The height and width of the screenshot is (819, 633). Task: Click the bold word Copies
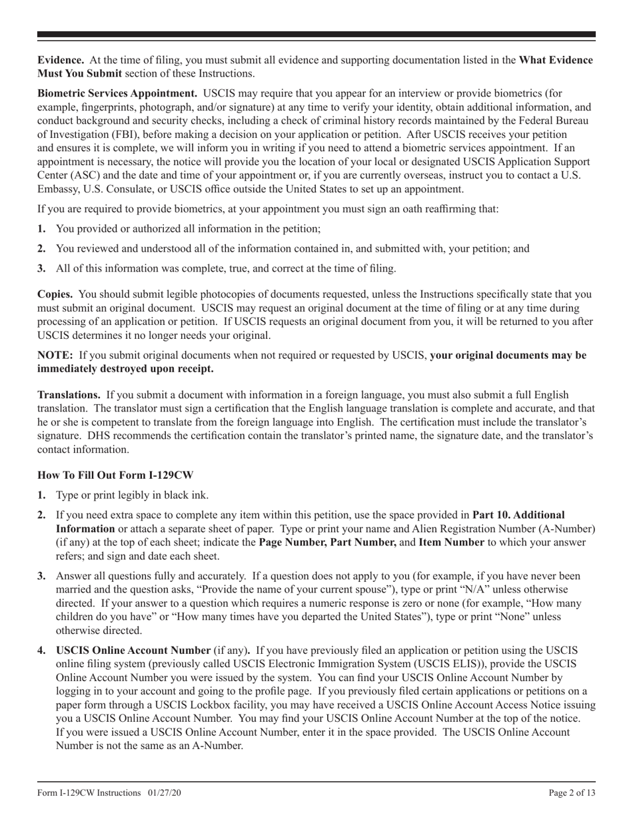tap(55, 294)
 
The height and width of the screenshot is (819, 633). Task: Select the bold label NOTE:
tap(55, 355)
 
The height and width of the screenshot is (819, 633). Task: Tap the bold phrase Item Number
tap(450, 543)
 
